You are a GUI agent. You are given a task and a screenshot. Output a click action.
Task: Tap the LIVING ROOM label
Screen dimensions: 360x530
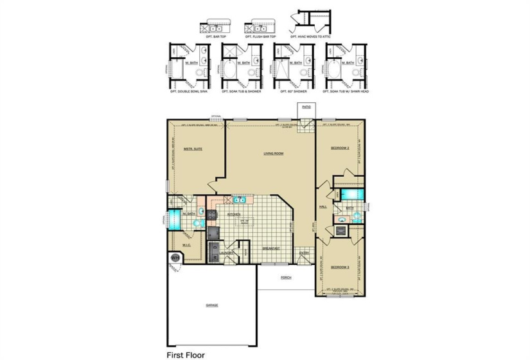pyautogui.click(x=274, y=154)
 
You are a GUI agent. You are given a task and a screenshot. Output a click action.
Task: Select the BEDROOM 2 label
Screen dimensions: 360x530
pyautogui.click(x=340, y=148)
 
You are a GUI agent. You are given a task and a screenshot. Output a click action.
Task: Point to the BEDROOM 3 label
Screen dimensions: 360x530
pyautogui.click(x=340, y=266)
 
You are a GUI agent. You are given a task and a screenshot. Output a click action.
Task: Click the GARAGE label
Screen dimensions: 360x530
pyautogui.click(x=212, y=305)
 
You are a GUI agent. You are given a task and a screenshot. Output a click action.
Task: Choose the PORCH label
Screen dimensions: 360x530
pyautogui.click(x=285, y=278)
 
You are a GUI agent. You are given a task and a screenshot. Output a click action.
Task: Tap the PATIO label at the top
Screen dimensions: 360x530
pyautogui.click(x=306, y=107)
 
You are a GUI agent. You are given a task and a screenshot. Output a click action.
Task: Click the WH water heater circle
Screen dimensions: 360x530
pyautogui.click(x=174, y=258)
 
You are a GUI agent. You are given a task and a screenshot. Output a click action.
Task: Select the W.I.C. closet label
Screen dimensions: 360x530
pyautogui.click(x=186, y=244)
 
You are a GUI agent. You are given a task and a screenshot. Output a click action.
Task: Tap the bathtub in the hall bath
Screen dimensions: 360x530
pyautogui.click(x=351, y=194)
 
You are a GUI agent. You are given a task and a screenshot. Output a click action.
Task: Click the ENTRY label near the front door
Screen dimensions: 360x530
pyautogui.click(x=304, y=253)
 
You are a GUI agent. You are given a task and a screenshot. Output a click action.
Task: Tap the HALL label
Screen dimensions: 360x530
pyautogui.click(x=324, y=207)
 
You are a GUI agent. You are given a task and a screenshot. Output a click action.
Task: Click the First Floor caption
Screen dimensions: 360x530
pyautogui.click(x=187, y=354)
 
